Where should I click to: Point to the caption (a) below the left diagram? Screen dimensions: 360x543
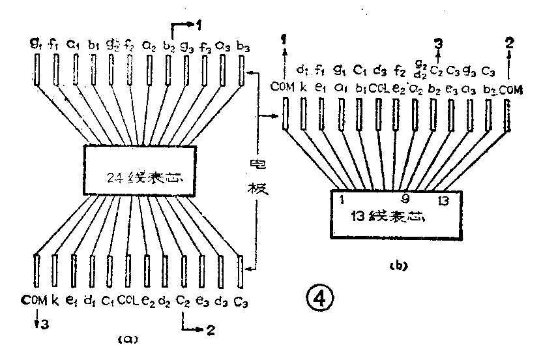click(x=126, y=339)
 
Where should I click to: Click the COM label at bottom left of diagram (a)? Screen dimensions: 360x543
click(x=35, y=301)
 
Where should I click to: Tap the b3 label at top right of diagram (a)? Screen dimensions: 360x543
click(x=242, y=46)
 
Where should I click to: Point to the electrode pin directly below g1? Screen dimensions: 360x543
click(x=35, y=71)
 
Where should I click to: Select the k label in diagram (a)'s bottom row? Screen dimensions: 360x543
click(x=55, y=301)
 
